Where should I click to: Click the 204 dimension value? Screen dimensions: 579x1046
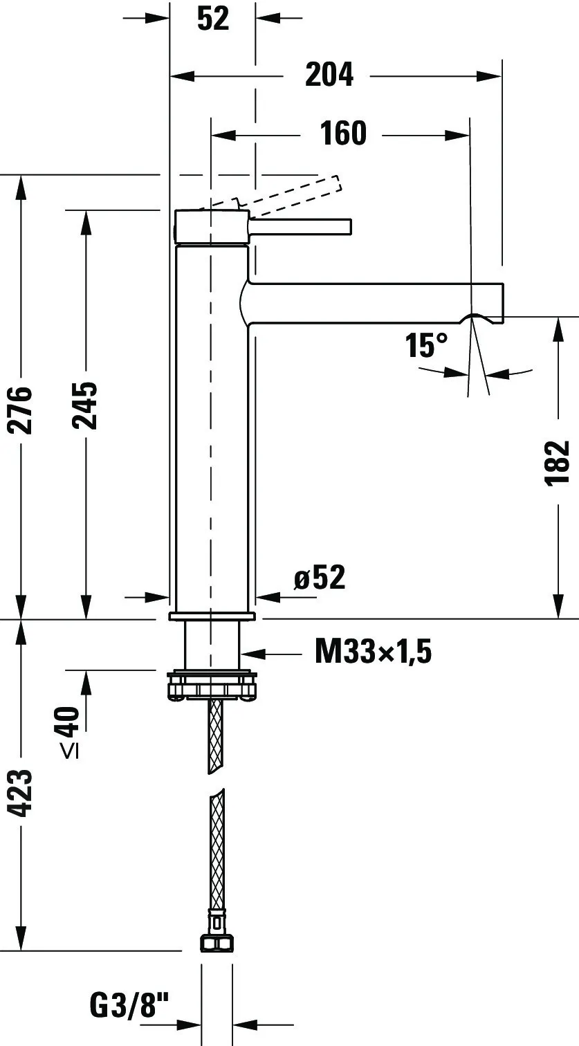[x=329, y=75]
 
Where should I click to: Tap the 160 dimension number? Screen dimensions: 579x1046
[x=343, y=134]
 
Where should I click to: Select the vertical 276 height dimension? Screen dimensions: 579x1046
[x=20, y=410]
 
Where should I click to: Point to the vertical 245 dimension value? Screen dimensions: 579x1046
[x=85, y=405]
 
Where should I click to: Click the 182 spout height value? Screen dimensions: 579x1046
[x=558, y=464]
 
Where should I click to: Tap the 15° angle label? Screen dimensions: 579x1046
[x=426, y=346]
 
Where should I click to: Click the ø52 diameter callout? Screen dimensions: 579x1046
[x=320, y=577]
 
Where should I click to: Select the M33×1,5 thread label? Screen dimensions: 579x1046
[x=373, y=652]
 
